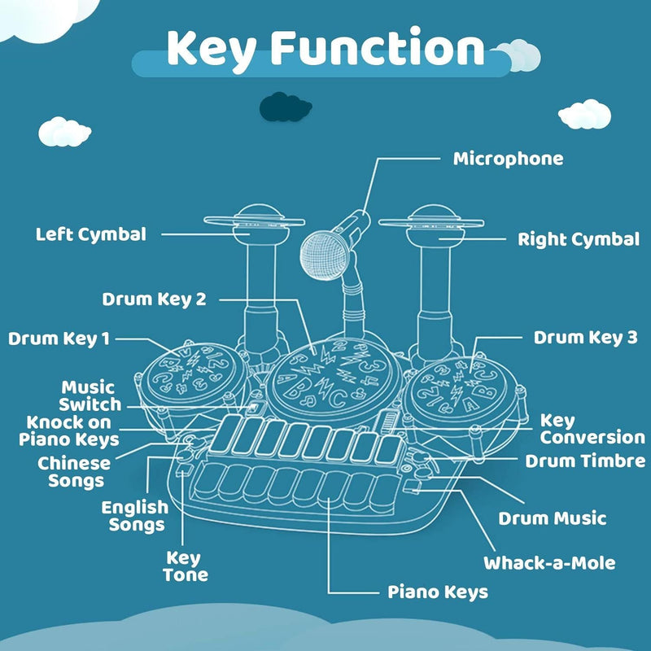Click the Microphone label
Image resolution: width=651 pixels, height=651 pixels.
click(x=508, y=159)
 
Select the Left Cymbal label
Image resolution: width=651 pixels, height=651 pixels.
click(x=91, y=234)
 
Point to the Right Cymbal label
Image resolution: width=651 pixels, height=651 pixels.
click(x=579, y=239)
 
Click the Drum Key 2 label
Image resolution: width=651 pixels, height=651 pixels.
click(x=154, y=299)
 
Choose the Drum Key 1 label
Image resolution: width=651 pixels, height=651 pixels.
click(x=59, y=339)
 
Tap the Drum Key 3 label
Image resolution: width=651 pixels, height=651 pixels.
click(x=585, y=337)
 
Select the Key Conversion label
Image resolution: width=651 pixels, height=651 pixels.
click(x=592, y=429)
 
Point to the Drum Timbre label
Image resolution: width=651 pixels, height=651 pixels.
click(x=585, y=461)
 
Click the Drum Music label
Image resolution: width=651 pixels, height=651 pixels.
click(x=553, y=518)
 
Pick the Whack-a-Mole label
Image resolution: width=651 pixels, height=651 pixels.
click(x=549, y=562)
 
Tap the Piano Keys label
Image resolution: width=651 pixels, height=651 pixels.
click(x=437, y=592)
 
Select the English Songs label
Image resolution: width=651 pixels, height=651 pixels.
click(x=134, y=516)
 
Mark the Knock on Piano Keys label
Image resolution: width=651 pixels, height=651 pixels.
click(x=72, y=431)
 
